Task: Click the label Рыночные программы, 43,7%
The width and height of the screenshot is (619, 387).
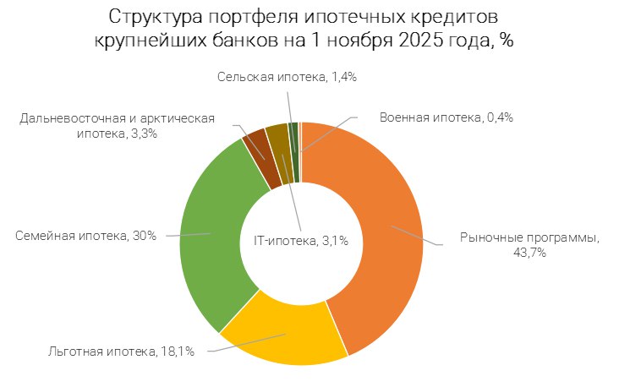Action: pos(529,245)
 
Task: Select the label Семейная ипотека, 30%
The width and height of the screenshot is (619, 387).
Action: pos(85,236)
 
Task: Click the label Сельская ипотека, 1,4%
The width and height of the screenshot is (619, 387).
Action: pos(287,77)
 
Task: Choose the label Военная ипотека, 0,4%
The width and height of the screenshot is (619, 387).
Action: pos(446,117)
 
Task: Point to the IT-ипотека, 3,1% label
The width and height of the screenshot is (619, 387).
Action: pos(301,242)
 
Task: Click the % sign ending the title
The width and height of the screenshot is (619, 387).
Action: pos(506,41)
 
